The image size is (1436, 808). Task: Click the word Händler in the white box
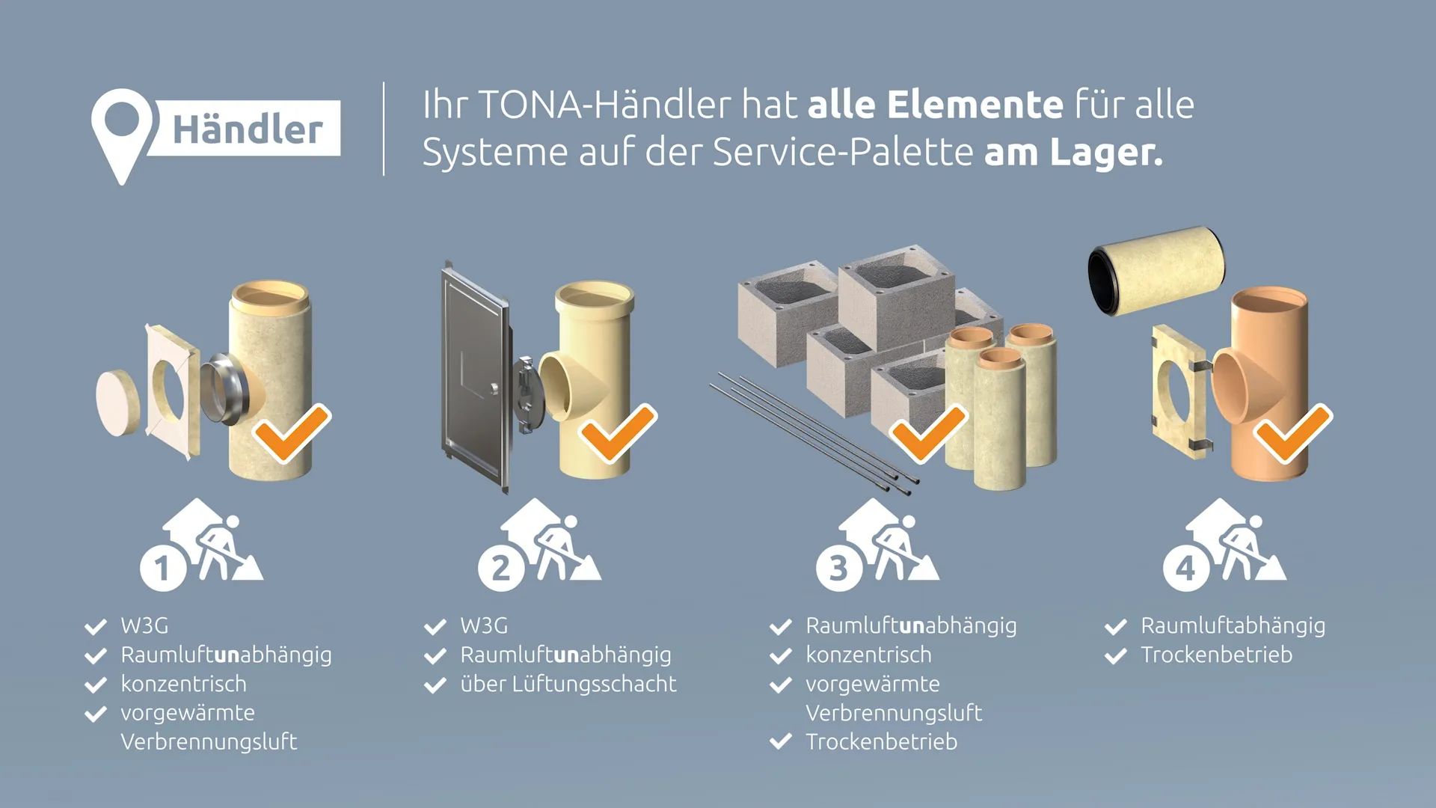click(x=248, y=129)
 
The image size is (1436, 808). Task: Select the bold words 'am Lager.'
click(x=1073, y=153)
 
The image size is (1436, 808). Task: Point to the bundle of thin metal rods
click(x=808, y=430)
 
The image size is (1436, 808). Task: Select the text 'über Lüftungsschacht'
click(x=568, y=684)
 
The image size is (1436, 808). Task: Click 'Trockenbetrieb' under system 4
click(x=1216, y=655)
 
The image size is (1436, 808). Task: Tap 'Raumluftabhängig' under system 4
click(x=1233, y=625)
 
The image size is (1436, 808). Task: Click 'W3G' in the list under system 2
click(x=483, y=625)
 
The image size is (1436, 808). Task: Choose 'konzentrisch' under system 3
click(x=868, y=655)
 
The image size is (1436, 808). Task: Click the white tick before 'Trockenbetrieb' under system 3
click(x=780, y=741)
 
